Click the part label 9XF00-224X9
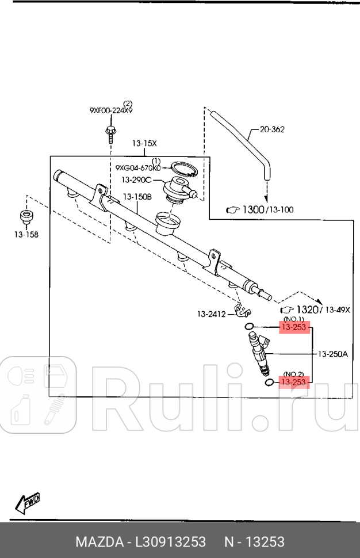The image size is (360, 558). tap(111, 110)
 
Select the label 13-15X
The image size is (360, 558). tap(144, 143)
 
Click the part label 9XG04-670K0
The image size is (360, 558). tap(138, 167)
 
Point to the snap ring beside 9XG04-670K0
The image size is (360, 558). tap(185, 169)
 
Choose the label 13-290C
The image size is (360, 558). tap(136, 180)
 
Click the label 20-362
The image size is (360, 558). tap(272, 130)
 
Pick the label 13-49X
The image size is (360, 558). tap(339, 310)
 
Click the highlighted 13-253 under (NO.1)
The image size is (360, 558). tap(295, 328)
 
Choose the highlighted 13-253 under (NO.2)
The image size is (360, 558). tap(294, 381)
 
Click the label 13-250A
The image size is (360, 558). tap(334, 354)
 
